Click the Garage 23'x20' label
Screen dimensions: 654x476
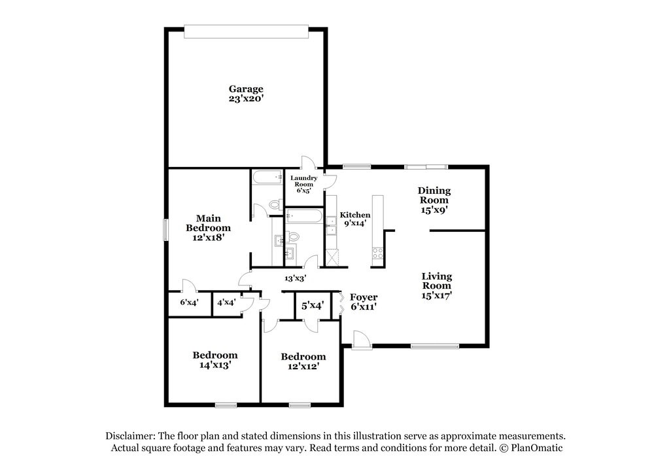pos(246,94)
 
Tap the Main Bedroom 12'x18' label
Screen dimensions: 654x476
pos(208,228)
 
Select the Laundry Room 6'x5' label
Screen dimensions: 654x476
pos(303,184)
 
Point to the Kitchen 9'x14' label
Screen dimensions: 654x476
pos(355,219)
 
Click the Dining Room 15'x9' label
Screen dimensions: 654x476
pos(434,200)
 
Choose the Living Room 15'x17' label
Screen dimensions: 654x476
pos(437,286)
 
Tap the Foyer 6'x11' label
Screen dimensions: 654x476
pos(363,302)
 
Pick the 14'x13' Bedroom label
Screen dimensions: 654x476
pos(215,360)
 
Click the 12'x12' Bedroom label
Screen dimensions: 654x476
pos(303,361)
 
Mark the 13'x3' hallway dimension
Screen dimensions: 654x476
pos(296,278)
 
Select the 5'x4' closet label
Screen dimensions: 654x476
pos(313,306)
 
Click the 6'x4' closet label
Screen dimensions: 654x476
pos(189,302)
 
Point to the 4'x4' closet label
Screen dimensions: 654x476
pos(226,302)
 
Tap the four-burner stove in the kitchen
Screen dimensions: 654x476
pos(377,253)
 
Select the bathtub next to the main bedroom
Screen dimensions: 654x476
pos(267,177)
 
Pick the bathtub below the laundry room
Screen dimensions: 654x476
pos(304,216)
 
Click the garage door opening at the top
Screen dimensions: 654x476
pos(246,31)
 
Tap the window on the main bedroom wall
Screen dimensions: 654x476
pos(165,230)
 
